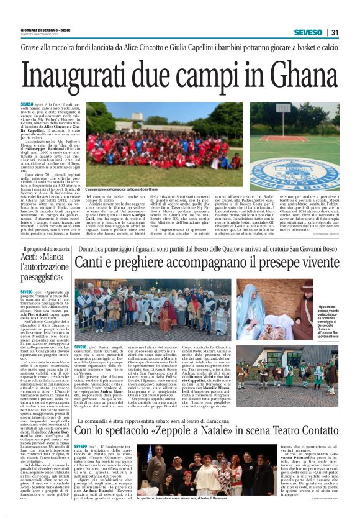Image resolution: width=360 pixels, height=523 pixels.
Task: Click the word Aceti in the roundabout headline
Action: coord(30,256)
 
